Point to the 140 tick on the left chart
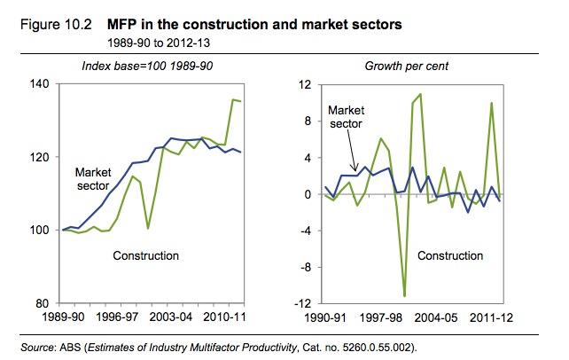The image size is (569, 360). click(41, 84)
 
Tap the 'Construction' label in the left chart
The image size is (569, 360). click(146, 256)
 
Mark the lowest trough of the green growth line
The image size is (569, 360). click(404, 296)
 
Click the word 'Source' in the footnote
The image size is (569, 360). click(38, 344)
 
